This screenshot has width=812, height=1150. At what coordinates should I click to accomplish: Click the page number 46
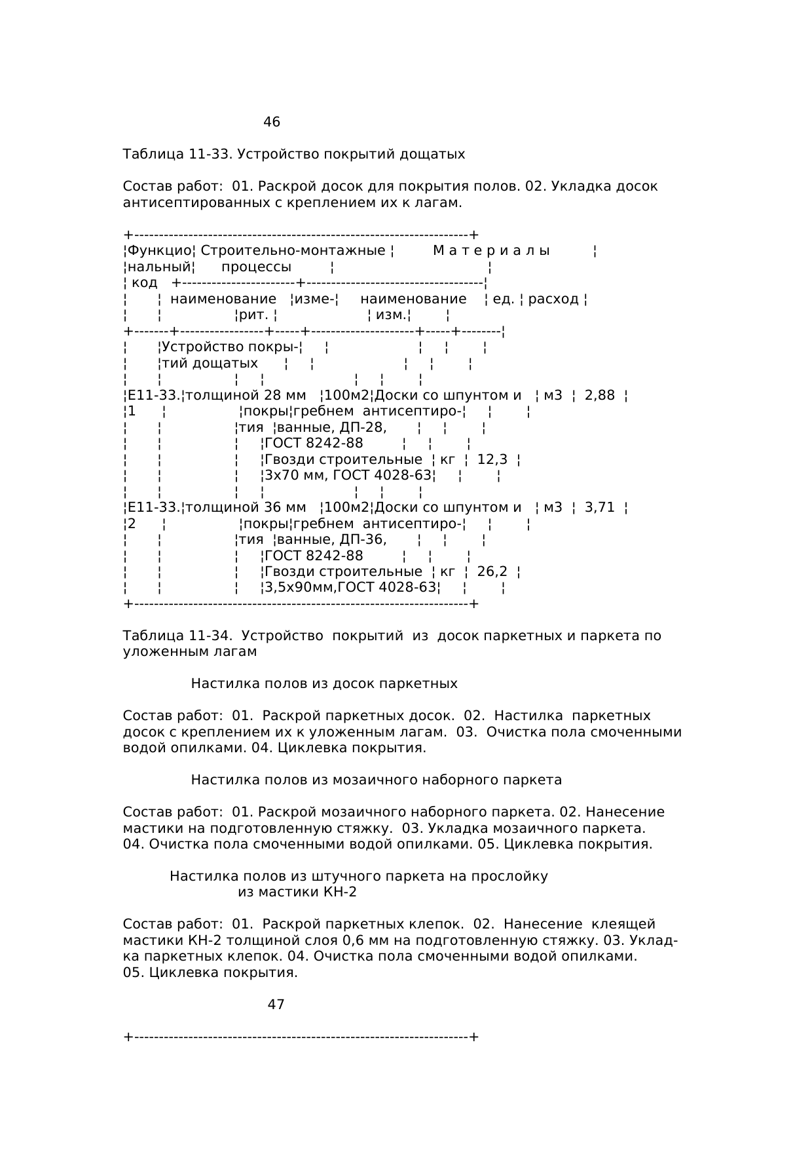(x=271, y=123)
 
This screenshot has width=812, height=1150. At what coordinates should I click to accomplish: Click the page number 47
(x=276, y=1005)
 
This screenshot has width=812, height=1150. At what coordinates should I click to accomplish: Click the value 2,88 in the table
(x=599, y=396)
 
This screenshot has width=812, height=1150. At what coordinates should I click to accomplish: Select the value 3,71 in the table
(x=599, y=508)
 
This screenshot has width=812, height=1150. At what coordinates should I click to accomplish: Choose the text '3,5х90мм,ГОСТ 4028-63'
(x=350, y=588)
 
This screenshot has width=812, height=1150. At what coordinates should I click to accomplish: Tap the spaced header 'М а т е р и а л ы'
(x=491, y=251)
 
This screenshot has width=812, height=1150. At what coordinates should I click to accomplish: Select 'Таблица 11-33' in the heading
(x=175, y=155)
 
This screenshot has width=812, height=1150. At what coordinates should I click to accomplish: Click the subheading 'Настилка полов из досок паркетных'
(x=324, y=684)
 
